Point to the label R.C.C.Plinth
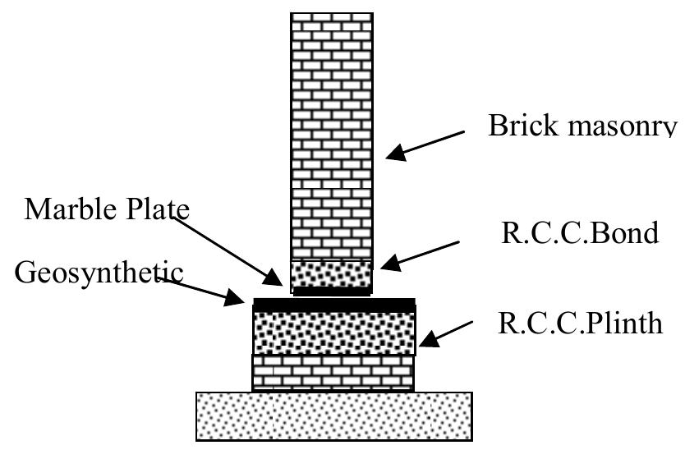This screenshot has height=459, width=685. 580,323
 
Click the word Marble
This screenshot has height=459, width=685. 75,209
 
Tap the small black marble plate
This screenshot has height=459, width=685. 332,291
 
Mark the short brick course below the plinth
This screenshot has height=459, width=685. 333,372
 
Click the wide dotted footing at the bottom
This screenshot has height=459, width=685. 333,415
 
